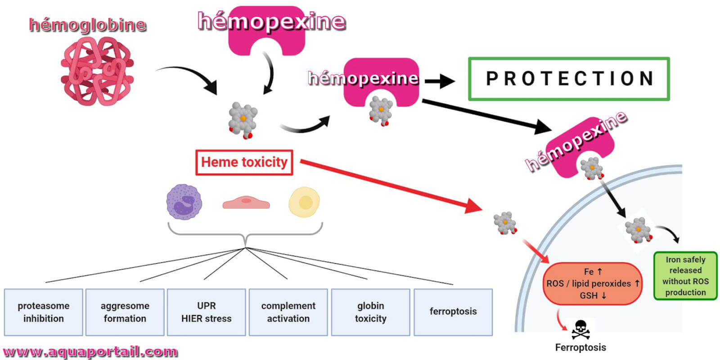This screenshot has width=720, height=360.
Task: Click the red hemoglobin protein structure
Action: [x=97, y=71]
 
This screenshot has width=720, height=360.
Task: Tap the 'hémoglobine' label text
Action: [x=88, y=25]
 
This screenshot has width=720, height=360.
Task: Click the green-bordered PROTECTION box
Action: [x=569, y=79]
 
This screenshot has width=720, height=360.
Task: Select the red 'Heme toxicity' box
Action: [x=244, y=162]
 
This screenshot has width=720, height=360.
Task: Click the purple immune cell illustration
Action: [x=184, y=202]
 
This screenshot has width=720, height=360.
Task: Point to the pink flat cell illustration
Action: [x=246, y=202]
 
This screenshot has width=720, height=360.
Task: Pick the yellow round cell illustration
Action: [x=304, y=202]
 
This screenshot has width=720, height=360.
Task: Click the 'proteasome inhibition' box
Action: [x=43, y=312]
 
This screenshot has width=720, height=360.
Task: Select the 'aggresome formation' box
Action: [x=125, y=312]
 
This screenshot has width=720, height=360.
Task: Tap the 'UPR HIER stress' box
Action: [x=207, y=312]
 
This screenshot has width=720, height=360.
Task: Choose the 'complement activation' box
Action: [x=288, y=312]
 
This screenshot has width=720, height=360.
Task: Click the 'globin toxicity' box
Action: [x=371, y=312]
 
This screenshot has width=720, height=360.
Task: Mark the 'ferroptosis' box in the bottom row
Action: [x=453, y=312]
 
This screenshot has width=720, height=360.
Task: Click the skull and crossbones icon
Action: [x=580, y=330]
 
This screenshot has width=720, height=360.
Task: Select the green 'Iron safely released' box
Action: [x=686, y=276]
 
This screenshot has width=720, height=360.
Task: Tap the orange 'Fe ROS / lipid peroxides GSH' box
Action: [x=592, y=283]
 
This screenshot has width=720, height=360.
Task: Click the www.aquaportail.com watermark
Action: [x=90, y=351]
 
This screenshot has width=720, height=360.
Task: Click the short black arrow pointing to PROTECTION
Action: [x=440, y=81]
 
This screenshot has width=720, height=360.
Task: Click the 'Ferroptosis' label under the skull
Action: [x=580, y=347]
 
